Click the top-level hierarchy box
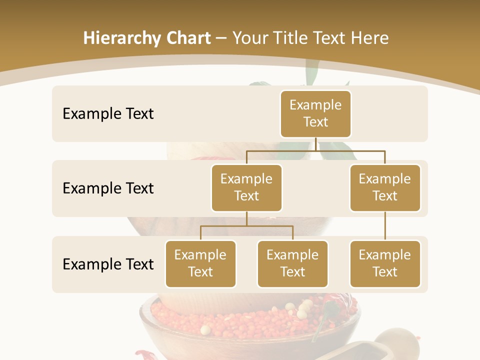[x=315, y=113]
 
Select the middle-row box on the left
[x=246, y=187]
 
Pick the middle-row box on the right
[x=385, y=187]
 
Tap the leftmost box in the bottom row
[x=200, y=263]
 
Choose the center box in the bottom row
[x=292, y=263]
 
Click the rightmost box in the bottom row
[x=385, y=263]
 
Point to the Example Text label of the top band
[x=108, y=113]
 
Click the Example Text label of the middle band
[x=108, y=188]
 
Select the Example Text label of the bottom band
[x=108, y=264]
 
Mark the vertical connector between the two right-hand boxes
[x=385, y=226]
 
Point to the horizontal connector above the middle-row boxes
[x=315, y=150]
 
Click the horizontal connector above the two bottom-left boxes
[x=246, y=226]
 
